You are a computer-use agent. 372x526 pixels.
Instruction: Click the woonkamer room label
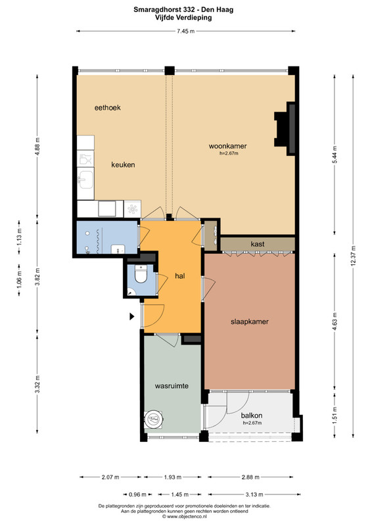[x=228, y=146]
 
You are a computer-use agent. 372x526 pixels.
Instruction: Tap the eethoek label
[x=107, y=108]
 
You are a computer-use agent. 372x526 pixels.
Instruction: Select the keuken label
[x=123, y=165]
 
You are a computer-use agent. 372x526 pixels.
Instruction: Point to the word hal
[x=180, y=276]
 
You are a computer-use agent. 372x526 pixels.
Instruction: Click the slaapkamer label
[x=250, y=322]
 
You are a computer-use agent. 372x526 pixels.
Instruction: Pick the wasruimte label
[x=172, y=386]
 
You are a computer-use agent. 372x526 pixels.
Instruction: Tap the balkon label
[x=252, y=416]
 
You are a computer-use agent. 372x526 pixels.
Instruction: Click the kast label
[x=258, y=244]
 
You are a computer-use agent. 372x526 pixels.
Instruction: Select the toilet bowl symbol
[x=141, y=274]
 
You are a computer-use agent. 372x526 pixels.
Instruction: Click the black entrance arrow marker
[x=132, y=316]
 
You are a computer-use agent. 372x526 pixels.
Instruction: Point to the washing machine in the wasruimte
[x=154, y=419]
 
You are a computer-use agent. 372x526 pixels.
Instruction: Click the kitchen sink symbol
[x=85, y=179]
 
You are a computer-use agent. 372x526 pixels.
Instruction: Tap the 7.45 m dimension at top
[x=185, y=31]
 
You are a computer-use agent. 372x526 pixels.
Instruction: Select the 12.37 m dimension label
[x=353, y=256]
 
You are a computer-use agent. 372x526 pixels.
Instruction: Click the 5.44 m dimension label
[x=335, y=155]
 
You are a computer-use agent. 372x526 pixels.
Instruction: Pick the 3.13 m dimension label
[x=254, y=494]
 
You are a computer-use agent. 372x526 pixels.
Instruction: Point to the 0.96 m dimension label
[x=137, y=494]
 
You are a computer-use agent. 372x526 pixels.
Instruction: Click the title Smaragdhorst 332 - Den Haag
[x=183, y=10]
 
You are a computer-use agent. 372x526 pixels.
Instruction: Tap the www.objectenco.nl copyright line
[x=184, y=516]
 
